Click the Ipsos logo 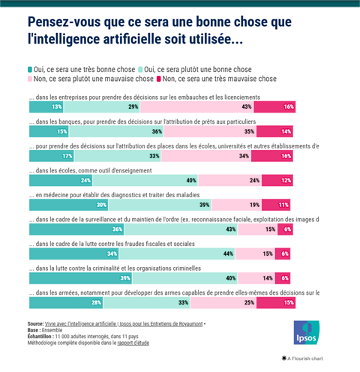tap(307, 332)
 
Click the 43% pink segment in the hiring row tap(197, 107)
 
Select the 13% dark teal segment tap(46, 107)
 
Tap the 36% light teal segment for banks tap(116, 131)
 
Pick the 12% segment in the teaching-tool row tap(277, 181)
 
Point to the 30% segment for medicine tap(69, 205)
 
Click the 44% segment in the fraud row tap(177, 253)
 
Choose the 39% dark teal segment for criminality tap(81, 278)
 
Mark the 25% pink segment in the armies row tap(223, 303)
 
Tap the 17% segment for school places tap(52, 156)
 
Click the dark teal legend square tap(30, 69)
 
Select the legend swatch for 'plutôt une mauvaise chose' tap(30, 79)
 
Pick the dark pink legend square tap(158, 79)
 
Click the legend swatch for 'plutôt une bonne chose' tap(140, 69)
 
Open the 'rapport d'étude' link tap(133, 343)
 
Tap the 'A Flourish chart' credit tap(302, 358)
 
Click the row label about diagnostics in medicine tap(114, 195)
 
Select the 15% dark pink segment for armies tap(276, 303)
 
